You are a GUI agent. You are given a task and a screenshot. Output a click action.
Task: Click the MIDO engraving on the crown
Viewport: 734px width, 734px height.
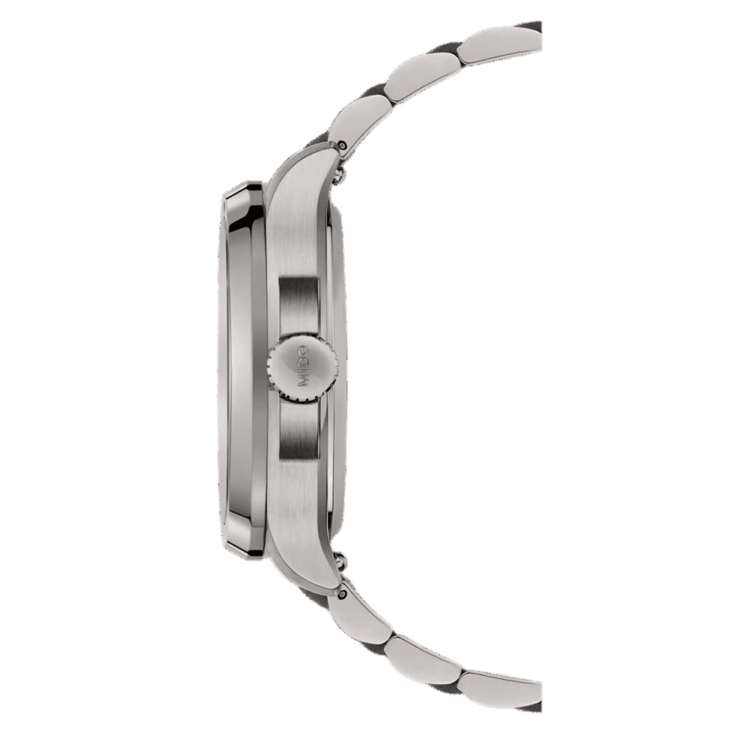[x=303, y=366]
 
